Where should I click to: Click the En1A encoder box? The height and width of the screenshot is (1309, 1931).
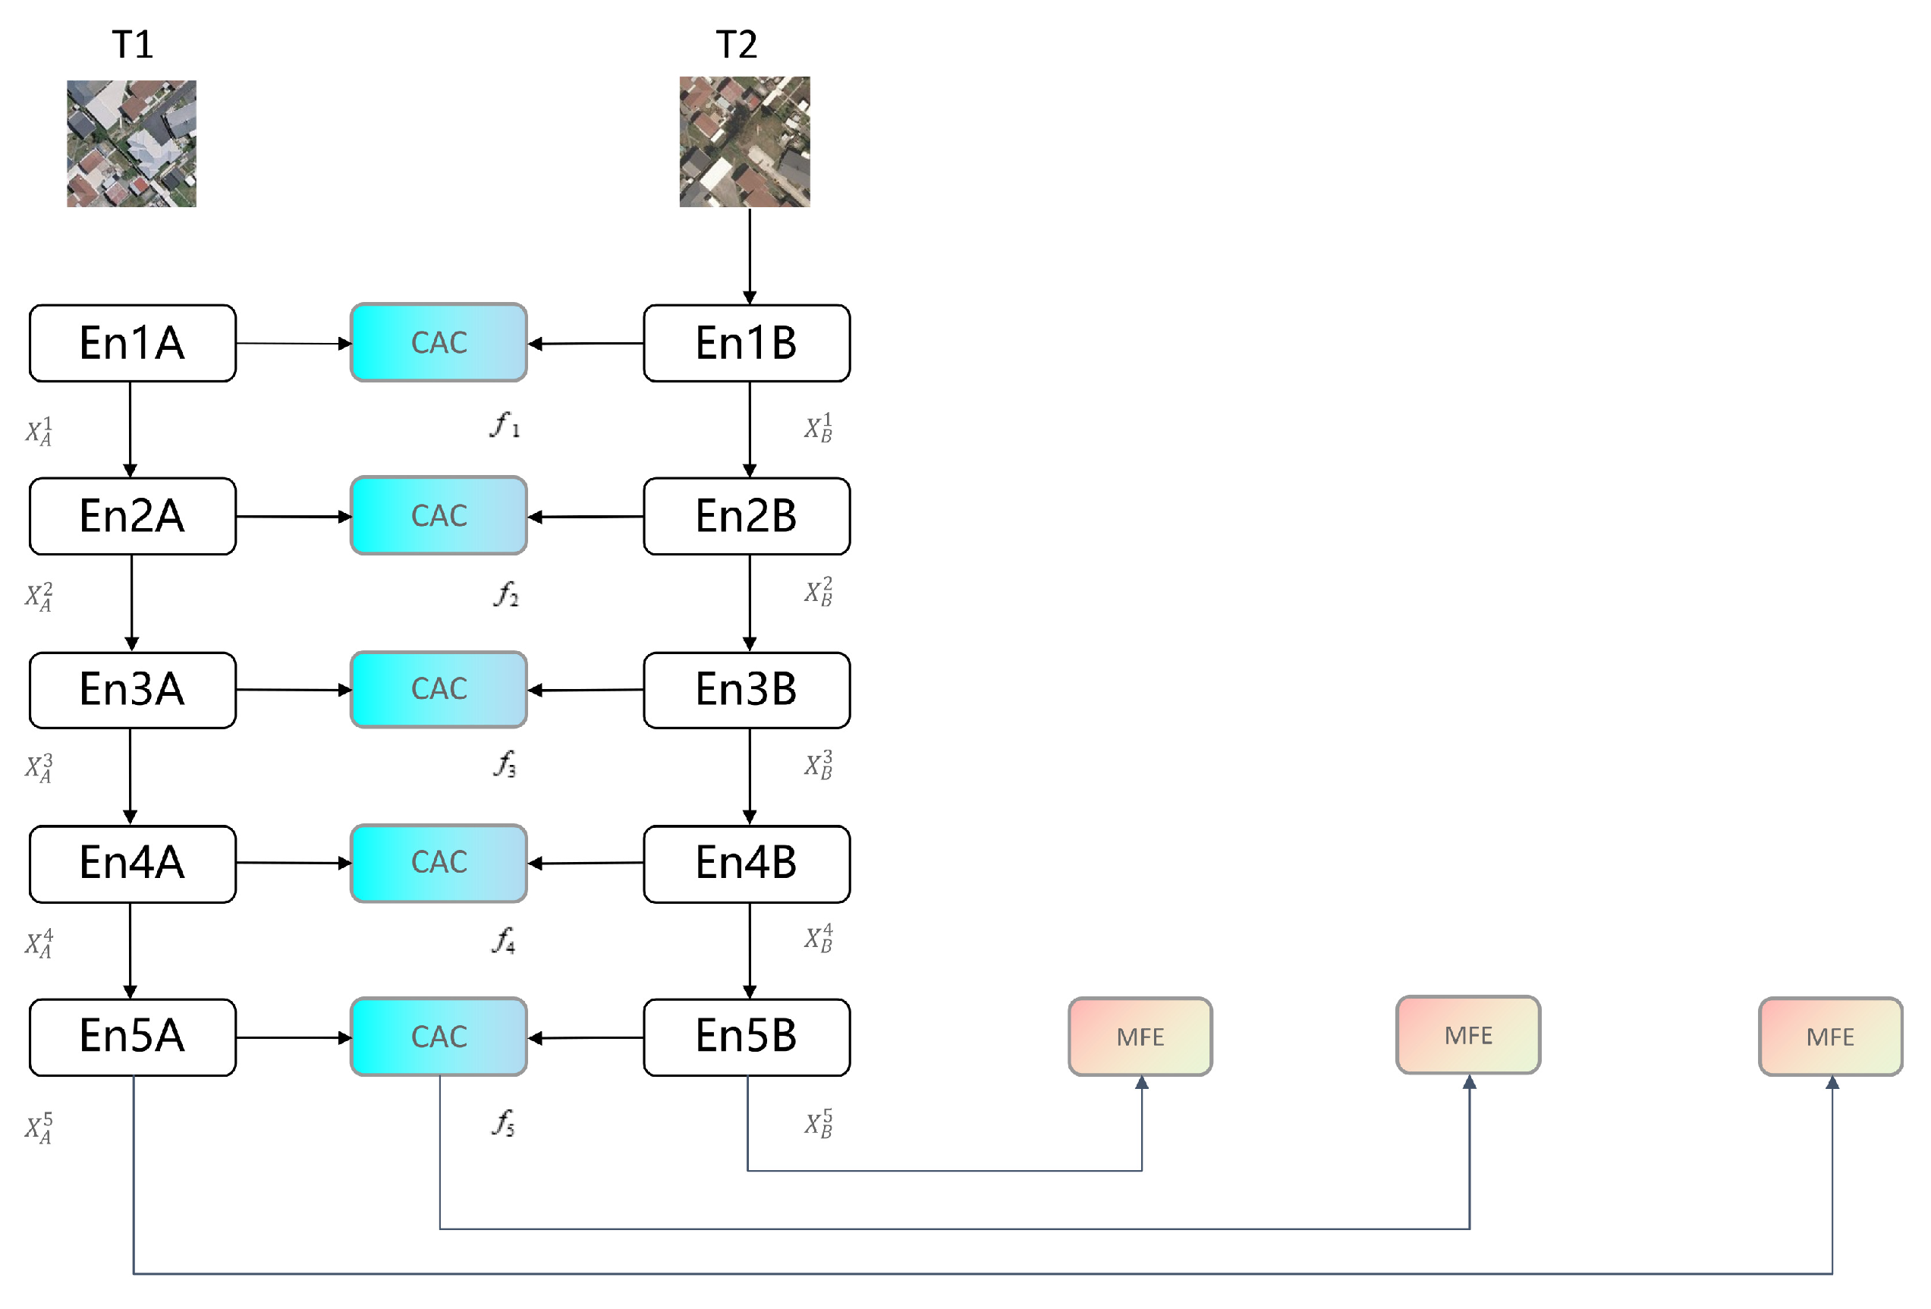click(132, 343)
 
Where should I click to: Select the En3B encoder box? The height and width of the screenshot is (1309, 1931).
click(746, 690)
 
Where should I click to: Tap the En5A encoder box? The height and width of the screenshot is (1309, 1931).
click(132, 1037)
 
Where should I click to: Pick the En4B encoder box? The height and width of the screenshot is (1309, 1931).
click(746, 864)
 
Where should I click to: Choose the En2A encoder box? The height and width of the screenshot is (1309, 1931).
click(132, 516)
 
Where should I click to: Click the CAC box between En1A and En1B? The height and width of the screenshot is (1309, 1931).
click(439, 342)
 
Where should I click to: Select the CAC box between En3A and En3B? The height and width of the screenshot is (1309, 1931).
click(439, 689)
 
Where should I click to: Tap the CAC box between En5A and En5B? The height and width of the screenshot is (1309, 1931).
click(439, 1037)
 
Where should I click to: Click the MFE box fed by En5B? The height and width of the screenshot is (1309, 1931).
click(1140, 1037)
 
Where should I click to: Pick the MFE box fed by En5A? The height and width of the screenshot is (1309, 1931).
click(1829, 1037)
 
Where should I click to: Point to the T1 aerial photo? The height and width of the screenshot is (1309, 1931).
click(131, 143)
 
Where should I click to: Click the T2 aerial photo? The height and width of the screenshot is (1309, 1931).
click(744, 141)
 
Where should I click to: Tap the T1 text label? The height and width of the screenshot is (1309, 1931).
click(132, 44)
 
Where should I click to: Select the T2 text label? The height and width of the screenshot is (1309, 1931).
click(736, 44)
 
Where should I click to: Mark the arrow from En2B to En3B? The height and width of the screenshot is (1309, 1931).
click(750, 603)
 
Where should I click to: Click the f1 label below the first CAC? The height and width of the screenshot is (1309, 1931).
click(505, 426)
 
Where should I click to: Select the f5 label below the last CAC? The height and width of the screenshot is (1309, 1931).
click(504, 1123)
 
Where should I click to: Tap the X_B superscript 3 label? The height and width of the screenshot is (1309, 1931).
click(819, 765)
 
